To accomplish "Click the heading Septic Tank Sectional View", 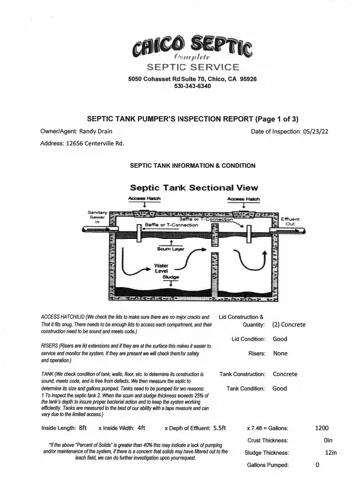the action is click(180, 187).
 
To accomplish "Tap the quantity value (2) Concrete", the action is click(289, 325).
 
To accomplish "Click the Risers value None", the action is click(280, 352).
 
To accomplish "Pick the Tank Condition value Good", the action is click(280, 388).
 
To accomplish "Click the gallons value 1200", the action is click(322, 427).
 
